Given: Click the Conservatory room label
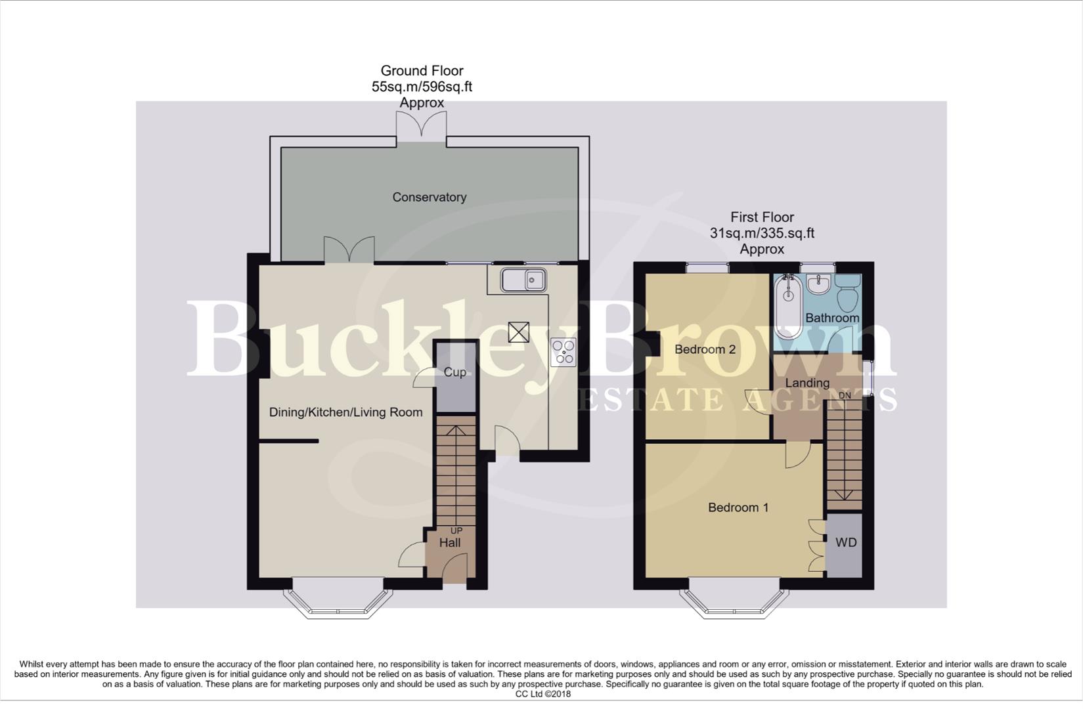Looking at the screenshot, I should click(x=429, y=197).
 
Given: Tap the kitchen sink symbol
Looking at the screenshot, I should click(x=523, y=280).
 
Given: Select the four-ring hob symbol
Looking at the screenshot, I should click(x=564, y=351).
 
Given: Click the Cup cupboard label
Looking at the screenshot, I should click(x=454, y=372).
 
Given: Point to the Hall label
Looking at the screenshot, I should click(x=450, y=543).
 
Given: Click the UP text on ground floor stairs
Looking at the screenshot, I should click(x=456, y=530).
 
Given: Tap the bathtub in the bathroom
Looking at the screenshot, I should click(x=786, y=307).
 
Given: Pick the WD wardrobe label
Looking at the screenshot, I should click(x=846, y=543).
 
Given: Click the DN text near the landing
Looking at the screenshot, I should click(x=845, y=396).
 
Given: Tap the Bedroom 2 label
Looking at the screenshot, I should click(x=705, y=349).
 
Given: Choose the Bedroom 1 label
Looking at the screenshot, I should click(x=738, y=507).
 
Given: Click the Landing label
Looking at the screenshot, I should click(x=807, y=383).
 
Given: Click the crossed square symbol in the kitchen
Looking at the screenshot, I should click(x=518, y=332).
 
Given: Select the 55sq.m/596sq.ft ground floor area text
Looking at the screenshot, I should click(x=422, y=87).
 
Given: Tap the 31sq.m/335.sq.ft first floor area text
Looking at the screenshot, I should click(x=762, y=233).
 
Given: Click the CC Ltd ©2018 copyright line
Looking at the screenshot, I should click(x=542, y=694).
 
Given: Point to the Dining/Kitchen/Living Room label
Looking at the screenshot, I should click(x=345, y=412).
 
